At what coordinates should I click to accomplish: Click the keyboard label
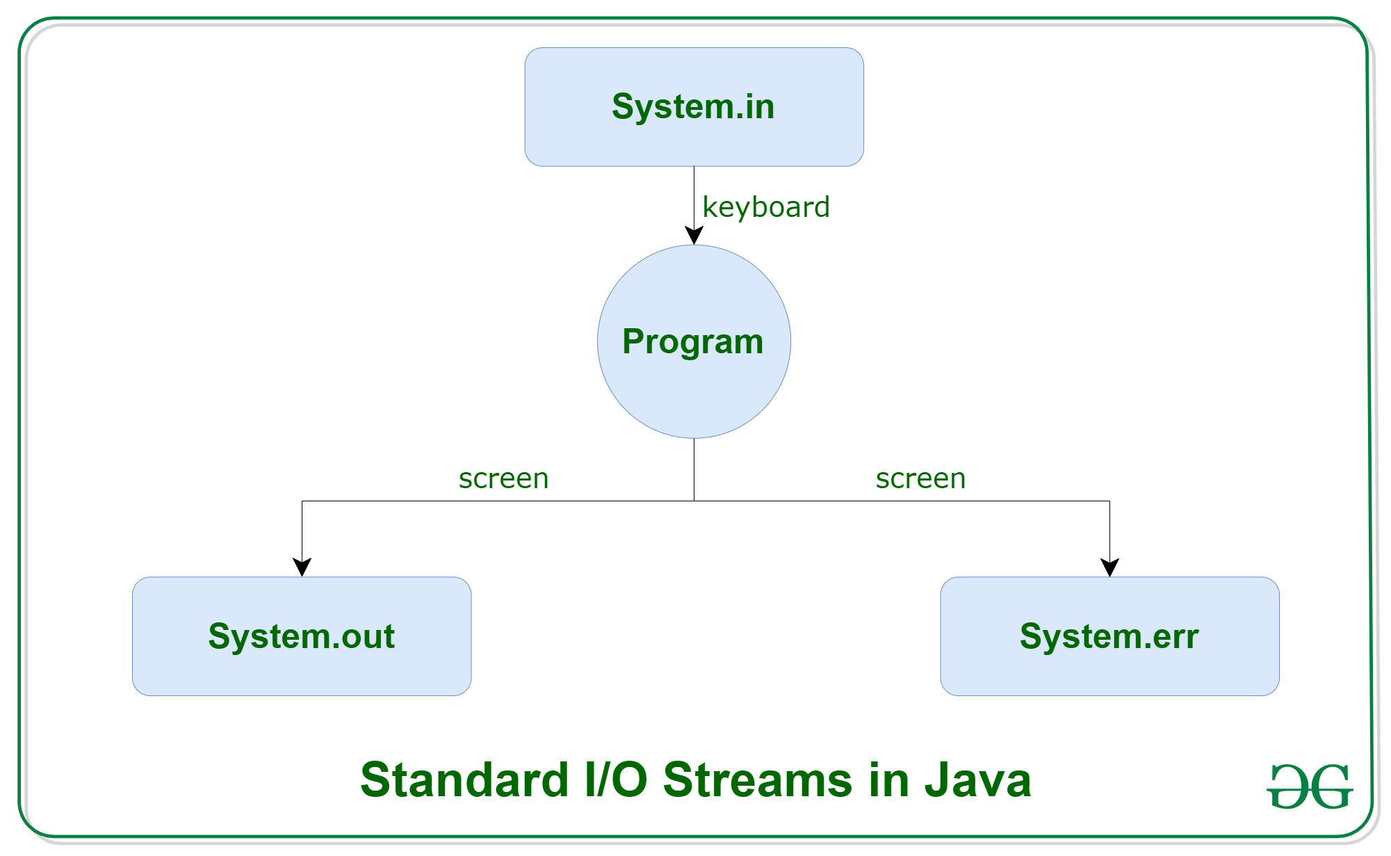(x=766, y=207)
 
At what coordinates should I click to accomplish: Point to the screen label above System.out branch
(x=503, y=478)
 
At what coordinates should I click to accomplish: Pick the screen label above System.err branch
(x=920, y=478)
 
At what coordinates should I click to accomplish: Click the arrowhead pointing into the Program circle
(x=694, y=236)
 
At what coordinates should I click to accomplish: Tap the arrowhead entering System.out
(x=302, y=567)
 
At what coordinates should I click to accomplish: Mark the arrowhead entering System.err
(x=1109, y=567)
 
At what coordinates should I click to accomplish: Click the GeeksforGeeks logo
(x=1310, y=786)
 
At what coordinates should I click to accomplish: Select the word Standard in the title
(x=464, y=780)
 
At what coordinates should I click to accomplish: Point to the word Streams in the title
(x=758, y=780)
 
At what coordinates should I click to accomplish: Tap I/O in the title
(x=616, y=780)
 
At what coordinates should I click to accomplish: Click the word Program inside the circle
(x=692, y=341)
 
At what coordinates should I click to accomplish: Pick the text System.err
(x=1109, y=636)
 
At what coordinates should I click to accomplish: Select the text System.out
(x=302, y=636)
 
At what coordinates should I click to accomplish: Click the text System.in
(x=693, y=106)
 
